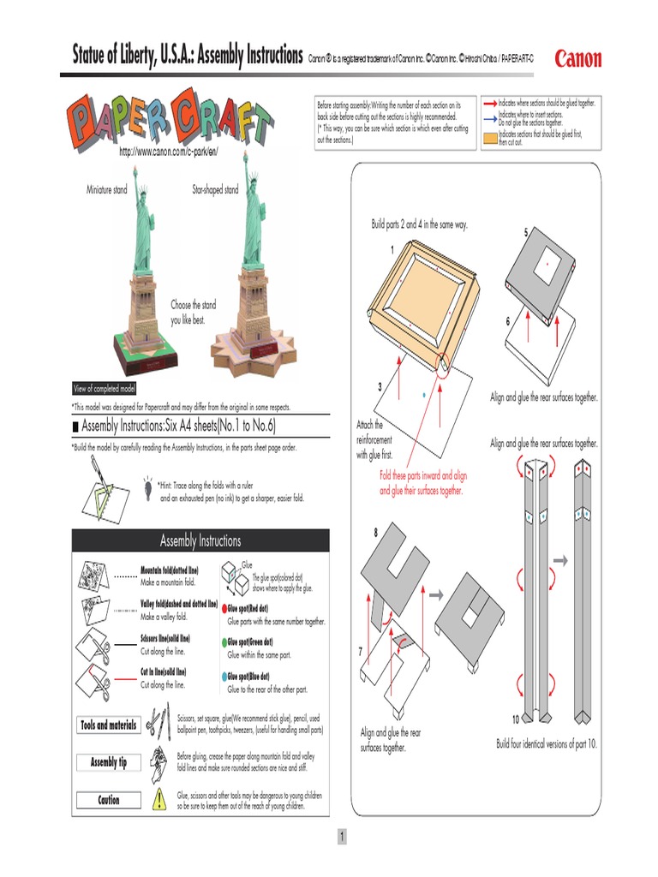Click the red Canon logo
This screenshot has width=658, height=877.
[578, 58]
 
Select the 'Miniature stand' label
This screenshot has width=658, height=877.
[106, 189]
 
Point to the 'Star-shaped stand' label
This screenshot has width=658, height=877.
[215, 189]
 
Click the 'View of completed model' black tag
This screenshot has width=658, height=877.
[105, 388]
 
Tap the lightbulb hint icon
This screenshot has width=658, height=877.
[148, 486]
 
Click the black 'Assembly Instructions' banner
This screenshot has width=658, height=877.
[200, 540]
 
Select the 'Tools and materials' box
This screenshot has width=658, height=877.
[108, 725]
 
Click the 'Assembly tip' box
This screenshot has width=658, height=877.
[108, 762]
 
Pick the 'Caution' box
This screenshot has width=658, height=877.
[108, 800]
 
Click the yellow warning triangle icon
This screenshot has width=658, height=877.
[159, 800]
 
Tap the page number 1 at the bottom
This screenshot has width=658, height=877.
[340, 837]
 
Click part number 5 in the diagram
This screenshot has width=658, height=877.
[526, 233]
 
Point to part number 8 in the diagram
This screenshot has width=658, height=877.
[375, 534]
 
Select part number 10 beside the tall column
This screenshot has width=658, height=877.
[516, 719]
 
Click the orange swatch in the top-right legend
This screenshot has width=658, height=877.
[489, 138]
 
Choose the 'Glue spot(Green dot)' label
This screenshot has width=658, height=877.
[250, 641]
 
